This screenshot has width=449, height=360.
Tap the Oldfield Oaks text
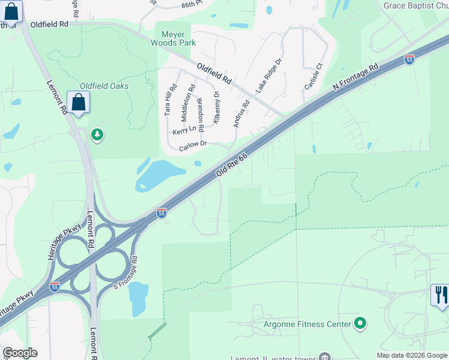[104, 86]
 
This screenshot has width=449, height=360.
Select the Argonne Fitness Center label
[307, 325]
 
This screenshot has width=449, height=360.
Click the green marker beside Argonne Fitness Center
[360, 324]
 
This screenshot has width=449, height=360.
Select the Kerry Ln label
[184, 130]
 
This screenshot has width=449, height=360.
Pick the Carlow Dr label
[193, 145]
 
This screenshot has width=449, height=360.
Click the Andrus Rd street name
[241, 113]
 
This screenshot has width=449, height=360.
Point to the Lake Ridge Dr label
[269, 75]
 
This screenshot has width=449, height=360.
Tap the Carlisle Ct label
[313, 76]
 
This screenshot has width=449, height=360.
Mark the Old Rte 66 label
[231, 164]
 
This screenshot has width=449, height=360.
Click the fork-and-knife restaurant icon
[440, 295]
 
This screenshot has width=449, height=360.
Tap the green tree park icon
[97, 135]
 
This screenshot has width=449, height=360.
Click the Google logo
[20, 353]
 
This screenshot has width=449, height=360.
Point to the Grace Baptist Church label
[416, 6]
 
